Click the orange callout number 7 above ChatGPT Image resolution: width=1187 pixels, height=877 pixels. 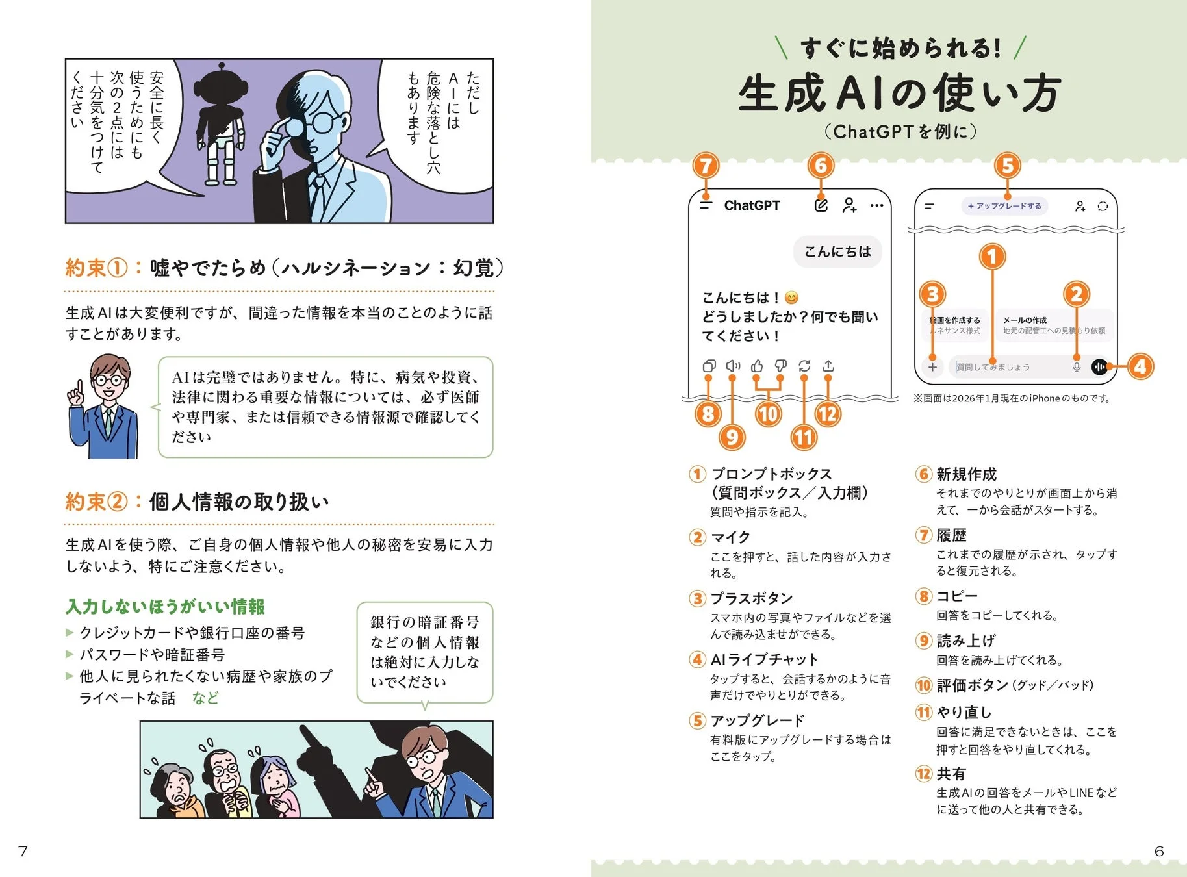[x=706, y=166]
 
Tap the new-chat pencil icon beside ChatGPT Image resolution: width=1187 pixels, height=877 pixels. [x=821, y=205]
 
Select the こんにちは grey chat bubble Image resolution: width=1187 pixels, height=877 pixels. [x=837, y=251]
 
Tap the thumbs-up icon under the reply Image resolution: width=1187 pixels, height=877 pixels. [x=757, y=366]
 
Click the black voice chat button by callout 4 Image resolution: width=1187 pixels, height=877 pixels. [x=1099, y=367]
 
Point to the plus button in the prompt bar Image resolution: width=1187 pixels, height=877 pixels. [x=932, y=367]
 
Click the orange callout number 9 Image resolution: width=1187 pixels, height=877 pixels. [x=732, y=437]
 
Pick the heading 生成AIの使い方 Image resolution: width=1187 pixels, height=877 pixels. [x=899, y=93]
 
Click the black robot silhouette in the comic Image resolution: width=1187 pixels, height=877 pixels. [x=221, y=117]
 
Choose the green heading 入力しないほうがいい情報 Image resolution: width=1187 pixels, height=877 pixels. [x=165, y=607]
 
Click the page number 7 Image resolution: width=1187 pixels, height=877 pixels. [x=23, y=851]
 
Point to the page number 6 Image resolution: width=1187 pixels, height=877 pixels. [x=1159, y=851]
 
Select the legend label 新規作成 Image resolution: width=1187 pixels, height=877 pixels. [x=966, y=474]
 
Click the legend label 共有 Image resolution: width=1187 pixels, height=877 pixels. [x=951, y=774]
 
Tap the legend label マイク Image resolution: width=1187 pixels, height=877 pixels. [x=730, y=537]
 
